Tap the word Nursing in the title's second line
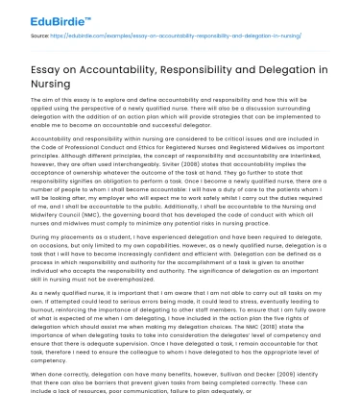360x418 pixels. coord(48,86)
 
